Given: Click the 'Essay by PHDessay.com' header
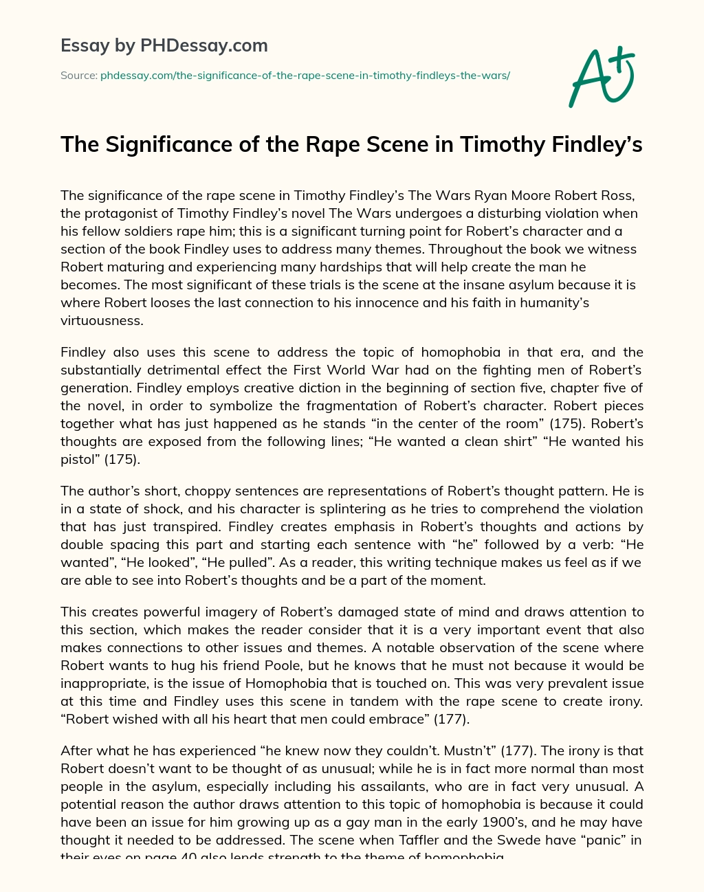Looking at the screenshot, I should [x=164, y=46].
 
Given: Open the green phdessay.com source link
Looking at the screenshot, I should [x=305, y=76].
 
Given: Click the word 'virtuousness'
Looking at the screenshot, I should [x=101, y=320].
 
